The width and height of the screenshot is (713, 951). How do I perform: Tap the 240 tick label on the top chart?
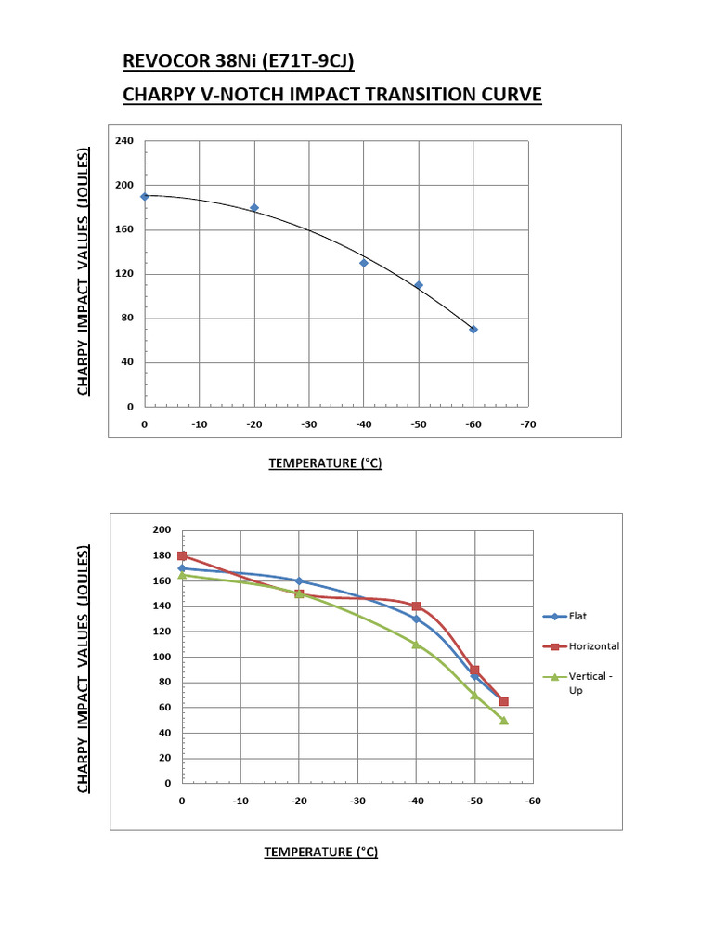click(124, 141)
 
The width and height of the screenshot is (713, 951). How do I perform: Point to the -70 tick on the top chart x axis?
click(528, 424)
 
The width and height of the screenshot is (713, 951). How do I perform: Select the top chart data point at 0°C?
click(145, 197)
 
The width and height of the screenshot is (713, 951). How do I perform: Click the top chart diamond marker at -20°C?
click(254, 208)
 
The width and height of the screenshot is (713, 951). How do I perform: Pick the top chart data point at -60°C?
click(473, 330)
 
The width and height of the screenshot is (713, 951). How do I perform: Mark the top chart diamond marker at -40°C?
click(364, 263)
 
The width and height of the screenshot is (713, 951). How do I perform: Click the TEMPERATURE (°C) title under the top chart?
click(325, 463)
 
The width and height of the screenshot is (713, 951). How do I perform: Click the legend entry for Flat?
click(577, 616)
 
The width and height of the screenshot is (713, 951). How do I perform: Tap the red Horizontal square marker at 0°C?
click(182, 555)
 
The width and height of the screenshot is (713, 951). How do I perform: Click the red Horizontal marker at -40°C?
click(416, 606)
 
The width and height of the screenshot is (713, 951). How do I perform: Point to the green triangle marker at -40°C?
click(416, 644)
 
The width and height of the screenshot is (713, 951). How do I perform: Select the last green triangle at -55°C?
click(504, 720)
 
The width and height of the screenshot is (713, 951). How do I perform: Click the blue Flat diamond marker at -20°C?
click(299, 581)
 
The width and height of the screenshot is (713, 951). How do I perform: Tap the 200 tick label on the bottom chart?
click(162, 529)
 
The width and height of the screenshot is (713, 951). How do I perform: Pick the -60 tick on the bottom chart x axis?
click(532, 801)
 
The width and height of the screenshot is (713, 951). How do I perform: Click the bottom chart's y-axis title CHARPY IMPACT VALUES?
click(84, 669)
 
